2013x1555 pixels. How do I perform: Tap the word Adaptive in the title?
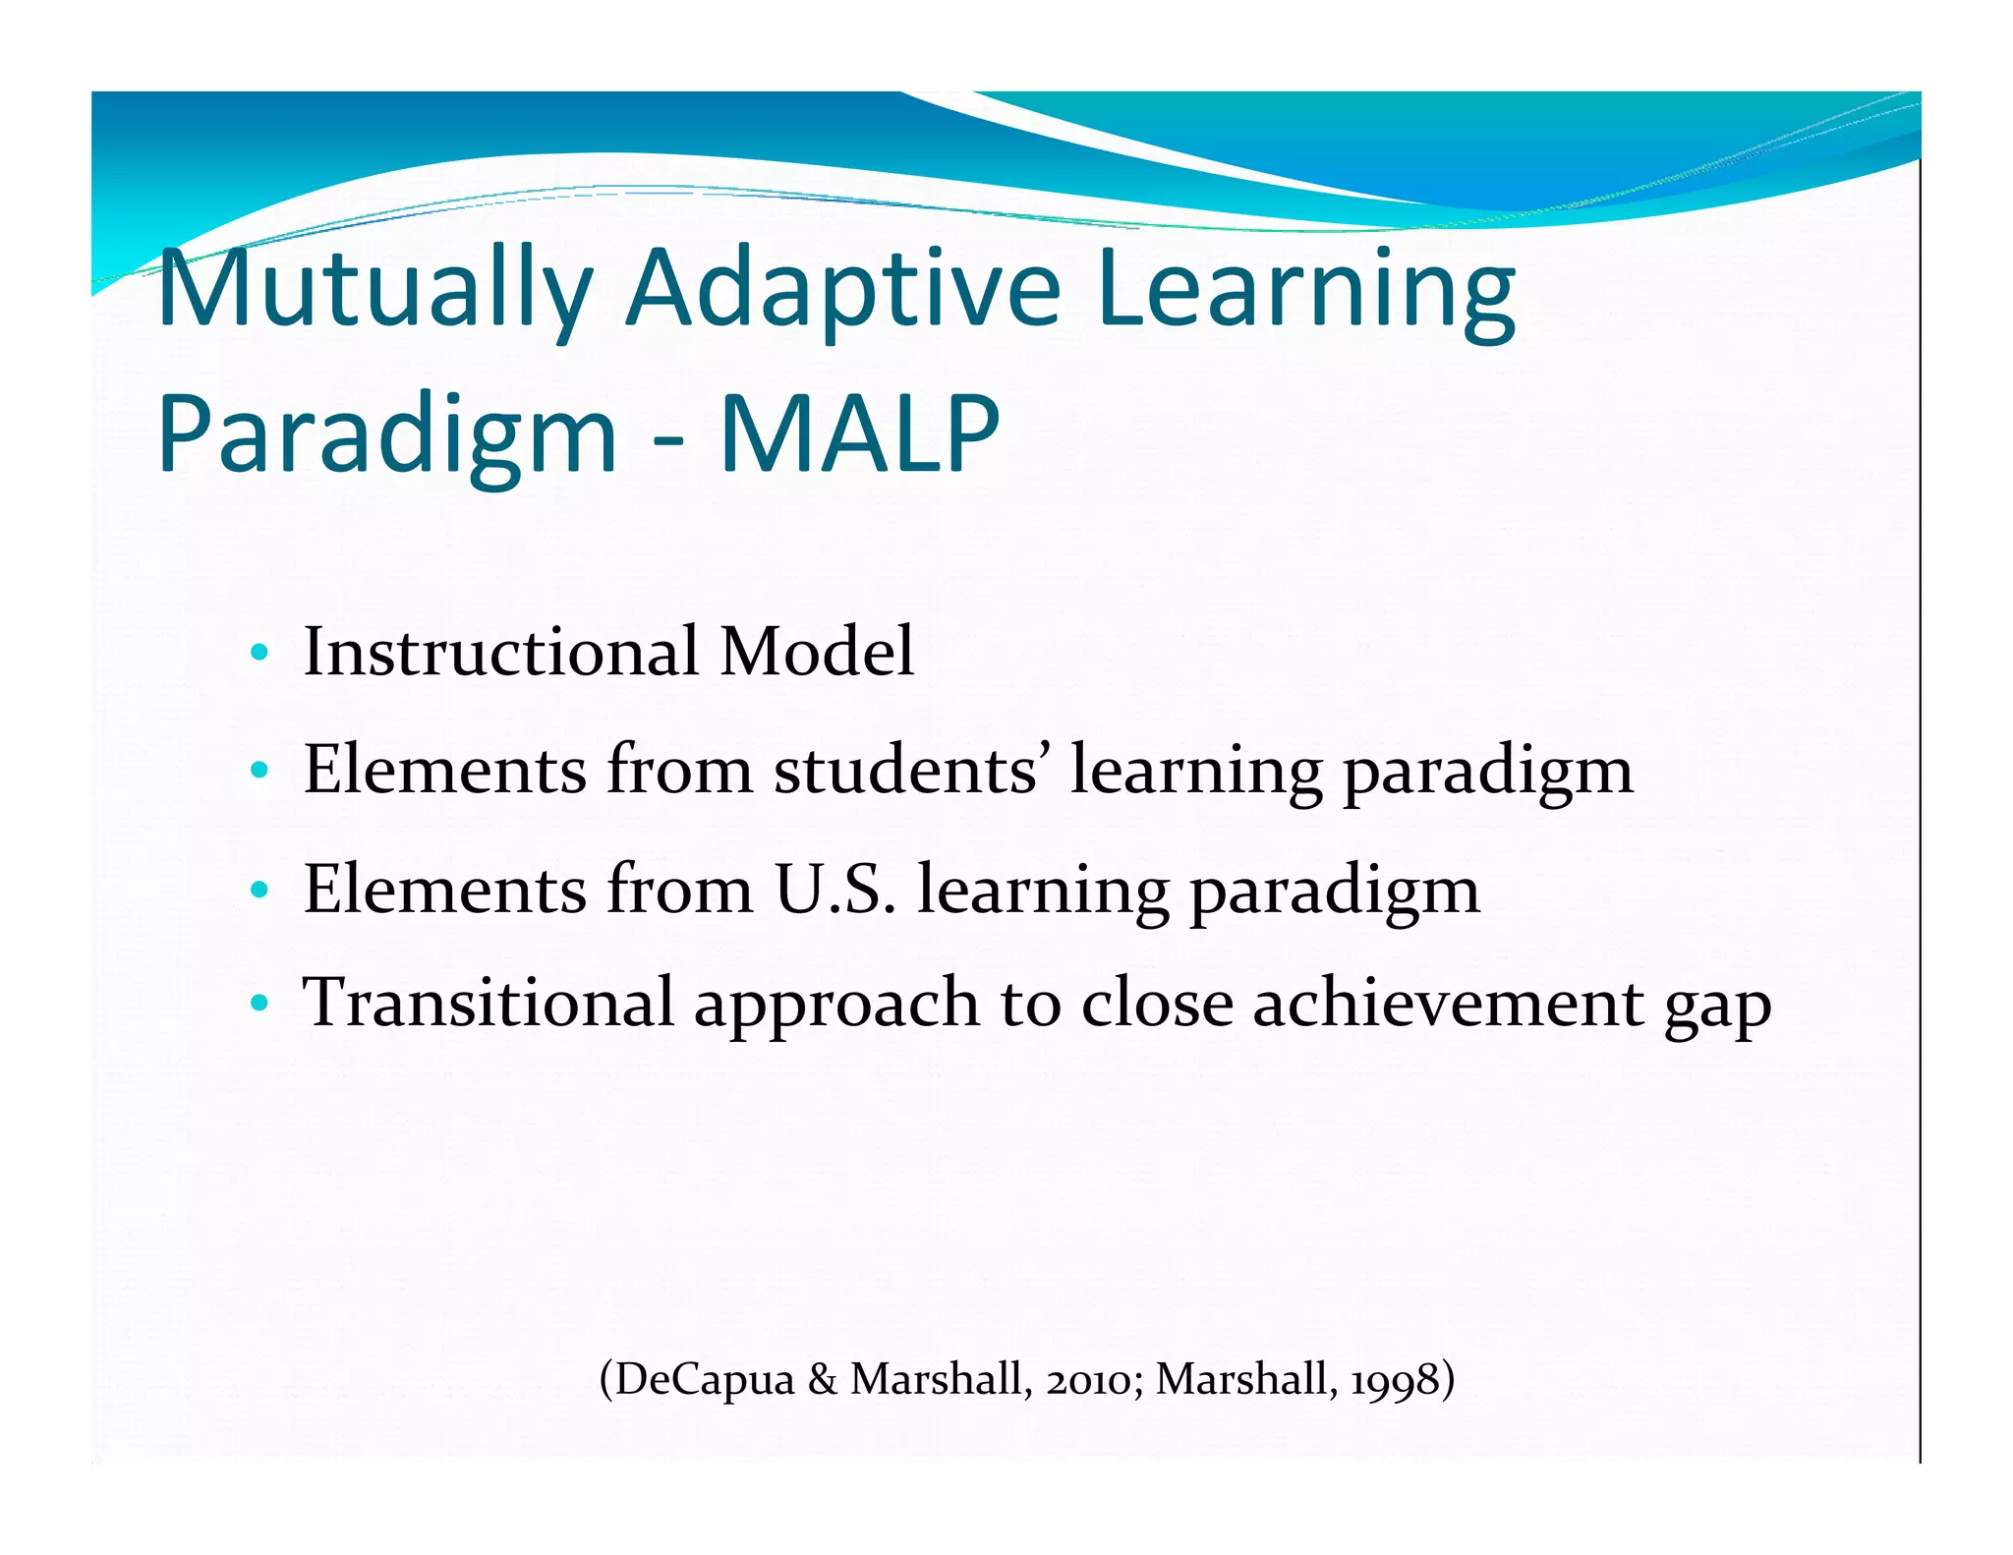843,289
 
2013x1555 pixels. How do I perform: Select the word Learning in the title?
1306,289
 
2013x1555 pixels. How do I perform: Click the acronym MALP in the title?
859,434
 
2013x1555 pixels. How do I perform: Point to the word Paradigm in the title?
387,434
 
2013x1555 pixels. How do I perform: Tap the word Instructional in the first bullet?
501,651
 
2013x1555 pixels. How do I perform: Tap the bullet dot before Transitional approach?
259,1004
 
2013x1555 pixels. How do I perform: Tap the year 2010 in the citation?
1089,1380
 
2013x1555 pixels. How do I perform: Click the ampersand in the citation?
822,1379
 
